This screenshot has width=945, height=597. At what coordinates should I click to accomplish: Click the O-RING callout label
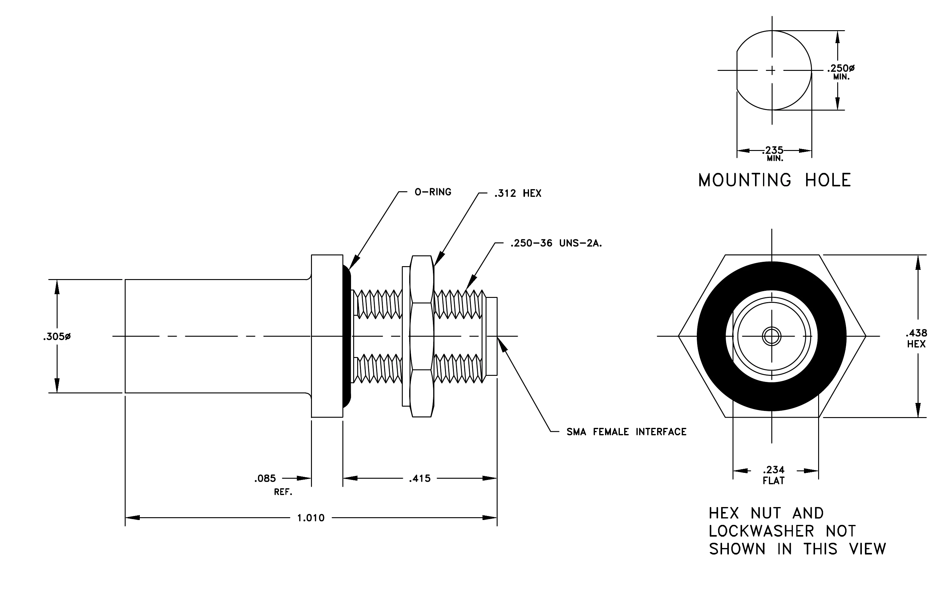coord(433,192)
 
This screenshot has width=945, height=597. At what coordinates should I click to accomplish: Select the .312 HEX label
coord(518,193)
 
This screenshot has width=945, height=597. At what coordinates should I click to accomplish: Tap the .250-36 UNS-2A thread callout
coord(556,243)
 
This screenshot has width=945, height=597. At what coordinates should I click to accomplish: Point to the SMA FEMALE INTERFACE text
coord(626,432)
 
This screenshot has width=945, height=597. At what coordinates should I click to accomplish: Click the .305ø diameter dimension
coord(57,337)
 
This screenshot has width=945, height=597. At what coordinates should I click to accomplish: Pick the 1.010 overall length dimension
coord(311,518)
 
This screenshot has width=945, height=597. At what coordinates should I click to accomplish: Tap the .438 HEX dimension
coord(916,338)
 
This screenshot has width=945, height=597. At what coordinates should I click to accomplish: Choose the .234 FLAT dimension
coord(773,475)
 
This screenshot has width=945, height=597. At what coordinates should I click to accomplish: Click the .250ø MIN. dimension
coord(841,72)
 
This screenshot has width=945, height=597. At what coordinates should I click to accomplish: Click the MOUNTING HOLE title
coord(775,180)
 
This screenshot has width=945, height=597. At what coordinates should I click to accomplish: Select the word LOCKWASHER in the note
coord(761,531)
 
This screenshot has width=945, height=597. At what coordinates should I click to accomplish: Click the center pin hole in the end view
coord(772,336)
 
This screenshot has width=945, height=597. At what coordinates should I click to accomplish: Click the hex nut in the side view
coord(422,336)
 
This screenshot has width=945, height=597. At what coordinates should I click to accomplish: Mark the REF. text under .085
coord(283,492)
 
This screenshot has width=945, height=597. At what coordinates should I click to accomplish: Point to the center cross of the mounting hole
coord(772,71)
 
